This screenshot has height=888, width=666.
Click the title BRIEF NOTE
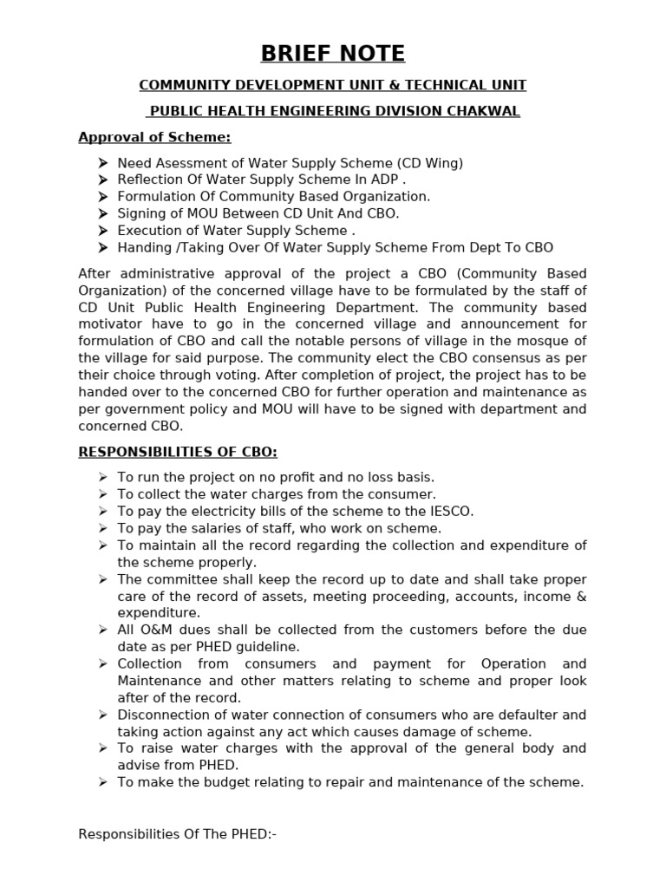coord(333,54)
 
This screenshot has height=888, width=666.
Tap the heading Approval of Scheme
coord(154,137)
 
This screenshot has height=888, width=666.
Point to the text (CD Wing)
coord(430,163)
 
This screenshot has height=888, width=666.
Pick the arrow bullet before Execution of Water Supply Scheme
coord(102,230)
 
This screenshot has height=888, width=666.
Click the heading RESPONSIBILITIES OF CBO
coord(178,452)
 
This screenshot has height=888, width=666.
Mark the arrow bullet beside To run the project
coord(102,477)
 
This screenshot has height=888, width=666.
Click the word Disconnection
coord(161,715)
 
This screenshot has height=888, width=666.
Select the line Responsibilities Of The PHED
coord(177,834)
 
